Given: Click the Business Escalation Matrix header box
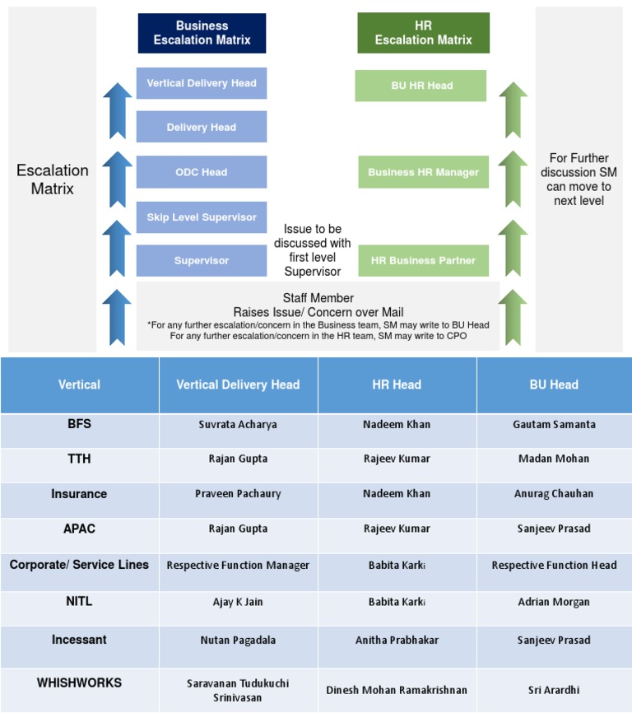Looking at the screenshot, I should (202, 33).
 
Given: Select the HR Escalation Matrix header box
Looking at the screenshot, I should (423, 33).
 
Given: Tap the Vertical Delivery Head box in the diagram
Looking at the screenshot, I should (202, 83).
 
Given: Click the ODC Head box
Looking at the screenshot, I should (202, 172).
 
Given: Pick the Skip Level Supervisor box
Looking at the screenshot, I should (202, 217).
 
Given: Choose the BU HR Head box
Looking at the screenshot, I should (422, 86).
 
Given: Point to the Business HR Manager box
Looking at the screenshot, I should (423, 173).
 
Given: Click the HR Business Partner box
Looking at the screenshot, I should (423, 261).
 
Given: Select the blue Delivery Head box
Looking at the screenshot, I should (202, 128).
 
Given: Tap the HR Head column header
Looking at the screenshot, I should (397, 384).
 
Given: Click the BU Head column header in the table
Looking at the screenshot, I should (554, 384).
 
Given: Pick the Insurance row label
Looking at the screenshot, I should (79, 494).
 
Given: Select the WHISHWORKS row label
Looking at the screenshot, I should (79, 683).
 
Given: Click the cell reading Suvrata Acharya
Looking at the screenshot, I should (238, 425).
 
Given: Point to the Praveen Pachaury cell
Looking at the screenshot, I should (238, 494).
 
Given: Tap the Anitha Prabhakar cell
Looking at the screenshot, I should (397, 641).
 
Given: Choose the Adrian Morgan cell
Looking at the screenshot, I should (554, 602).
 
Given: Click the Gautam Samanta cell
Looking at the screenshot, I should (554, 425).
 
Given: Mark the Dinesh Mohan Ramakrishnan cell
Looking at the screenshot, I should (397, 690).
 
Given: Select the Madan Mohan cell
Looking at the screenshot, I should (554, 459).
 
